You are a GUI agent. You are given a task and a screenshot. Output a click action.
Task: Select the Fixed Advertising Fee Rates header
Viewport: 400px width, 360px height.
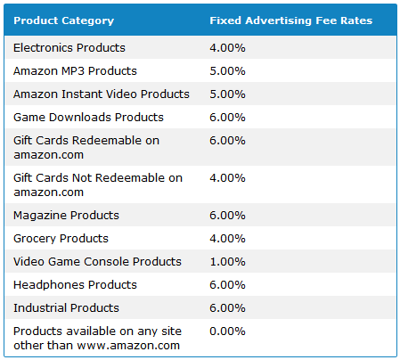tap(290, 20)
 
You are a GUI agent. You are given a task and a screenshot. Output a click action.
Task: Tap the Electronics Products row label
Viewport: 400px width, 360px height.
tap(69, 47)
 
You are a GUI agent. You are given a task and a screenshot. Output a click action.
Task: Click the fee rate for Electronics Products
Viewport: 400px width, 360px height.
tap(227, 47)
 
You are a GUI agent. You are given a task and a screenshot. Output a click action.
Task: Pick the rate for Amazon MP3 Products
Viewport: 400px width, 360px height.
tap(227, 70)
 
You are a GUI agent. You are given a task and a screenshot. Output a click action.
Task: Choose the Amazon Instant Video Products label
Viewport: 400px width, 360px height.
tap(102, 94)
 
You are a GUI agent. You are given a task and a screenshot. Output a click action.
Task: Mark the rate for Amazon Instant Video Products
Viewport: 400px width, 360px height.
tap(227, 94)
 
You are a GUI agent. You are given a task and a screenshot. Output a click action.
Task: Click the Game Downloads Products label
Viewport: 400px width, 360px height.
tap(88, 117)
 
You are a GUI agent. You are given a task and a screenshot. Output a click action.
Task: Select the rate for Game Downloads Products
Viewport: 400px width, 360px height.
tap(227, 117)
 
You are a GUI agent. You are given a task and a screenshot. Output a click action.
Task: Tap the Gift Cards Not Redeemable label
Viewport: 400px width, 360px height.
tap(97, 184)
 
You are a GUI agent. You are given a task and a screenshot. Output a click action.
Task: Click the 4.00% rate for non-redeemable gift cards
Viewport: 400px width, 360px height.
tap(227, 177)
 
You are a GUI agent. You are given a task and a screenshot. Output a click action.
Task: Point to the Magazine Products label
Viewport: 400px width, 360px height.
tap(66, 215)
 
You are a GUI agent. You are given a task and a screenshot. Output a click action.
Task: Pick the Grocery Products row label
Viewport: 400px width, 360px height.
tap(61, 238)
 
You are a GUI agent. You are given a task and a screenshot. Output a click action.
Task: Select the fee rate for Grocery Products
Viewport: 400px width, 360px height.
tap(227, 238)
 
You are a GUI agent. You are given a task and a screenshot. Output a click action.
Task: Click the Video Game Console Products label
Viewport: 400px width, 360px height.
tap(97, 261)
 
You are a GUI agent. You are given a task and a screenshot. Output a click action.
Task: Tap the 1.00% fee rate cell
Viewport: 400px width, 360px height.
tap(227, 261)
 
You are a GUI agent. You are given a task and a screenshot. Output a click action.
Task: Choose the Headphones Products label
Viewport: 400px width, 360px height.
tap(75, 284)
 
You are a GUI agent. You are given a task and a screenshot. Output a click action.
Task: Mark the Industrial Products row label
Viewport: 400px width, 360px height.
tap(66, 307)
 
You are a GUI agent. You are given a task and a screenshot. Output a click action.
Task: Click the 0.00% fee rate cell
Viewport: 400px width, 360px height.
tap(227, 331)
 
